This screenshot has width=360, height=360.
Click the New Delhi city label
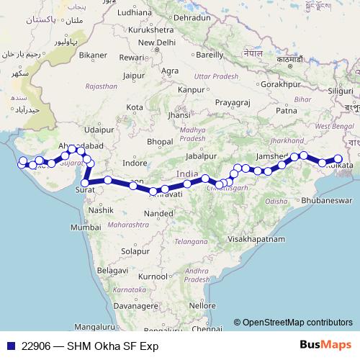coord(158,42)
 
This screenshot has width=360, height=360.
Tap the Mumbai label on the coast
coord(91,227)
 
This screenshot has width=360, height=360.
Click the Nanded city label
coord(158,213)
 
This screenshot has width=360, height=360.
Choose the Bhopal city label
coord(159,142)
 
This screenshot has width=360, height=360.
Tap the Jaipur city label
coord(135,74)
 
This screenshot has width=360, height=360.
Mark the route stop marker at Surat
coord(85,183)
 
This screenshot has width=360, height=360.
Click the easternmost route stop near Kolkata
coord(337,159)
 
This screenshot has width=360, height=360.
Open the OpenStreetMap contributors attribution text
coord(297,323)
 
